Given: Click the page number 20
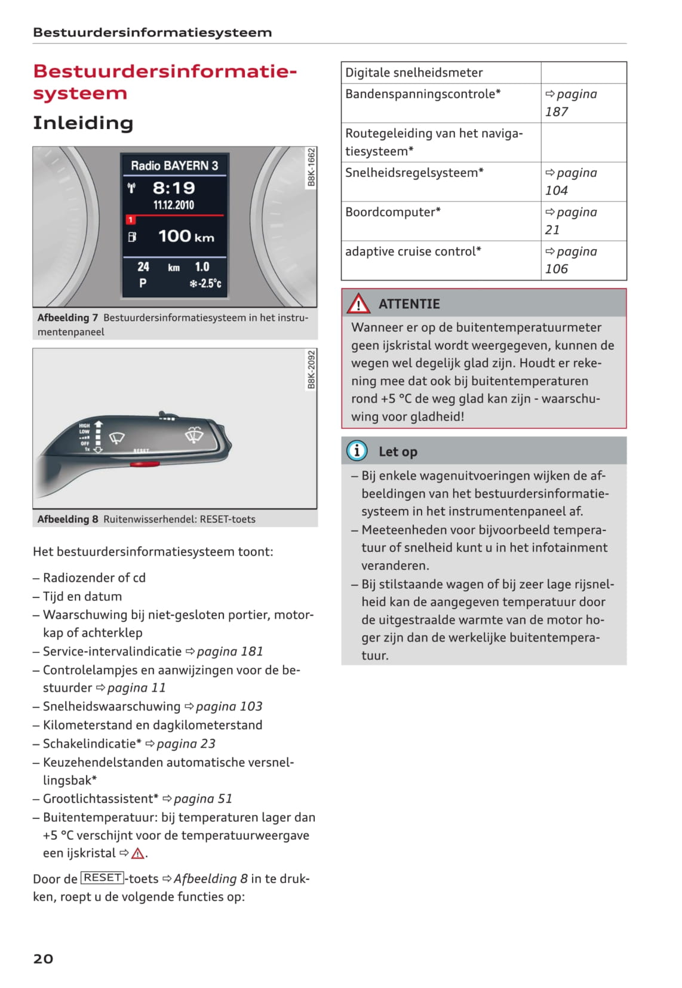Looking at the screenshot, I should pos(43,959).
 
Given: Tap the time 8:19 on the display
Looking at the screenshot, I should pos(174,188).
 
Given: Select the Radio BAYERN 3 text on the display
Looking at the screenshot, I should pos(174,165).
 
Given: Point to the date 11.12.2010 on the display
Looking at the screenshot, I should pos(174,205).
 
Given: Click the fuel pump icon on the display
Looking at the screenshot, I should pos(132,237).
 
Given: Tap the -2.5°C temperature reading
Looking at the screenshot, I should pos(206,283).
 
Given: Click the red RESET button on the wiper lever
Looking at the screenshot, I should pos(145,463).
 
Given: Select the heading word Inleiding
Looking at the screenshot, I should pos(83,123).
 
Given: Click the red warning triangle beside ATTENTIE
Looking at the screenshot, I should pos(358,304).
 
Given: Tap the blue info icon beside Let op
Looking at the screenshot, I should pos(357,450).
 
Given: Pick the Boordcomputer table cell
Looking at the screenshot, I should pos(441,220).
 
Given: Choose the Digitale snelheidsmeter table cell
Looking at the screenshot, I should pos(441,73).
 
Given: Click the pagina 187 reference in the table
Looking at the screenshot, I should pos(571,103).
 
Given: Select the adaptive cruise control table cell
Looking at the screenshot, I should pos(441,260).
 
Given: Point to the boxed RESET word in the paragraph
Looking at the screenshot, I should pos(103,877).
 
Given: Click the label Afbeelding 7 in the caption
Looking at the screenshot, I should pos(67,318).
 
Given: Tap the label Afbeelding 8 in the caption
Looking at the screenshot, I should pos(67,519).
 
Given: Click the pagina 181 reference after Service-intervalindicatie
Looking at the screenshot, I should pos(225,651).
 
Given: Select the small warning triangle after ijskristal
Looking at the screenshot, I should pos(138,854).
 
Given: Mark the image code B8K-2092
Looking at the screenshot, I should pos(311,370).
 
